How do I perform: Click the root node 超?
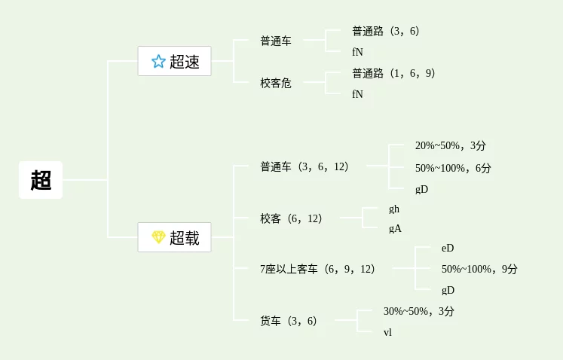coord(41,180)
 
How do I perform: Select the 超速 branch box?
coord(174,61)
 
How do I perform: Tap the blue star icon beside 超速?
coord(158,62)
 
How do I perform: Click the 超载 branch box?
coord(174,237)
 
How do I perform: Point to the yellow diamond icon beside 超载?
coord(158,237)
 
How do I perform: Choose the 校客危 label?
coord(276,83)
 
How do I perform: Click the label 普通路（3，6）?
coord(385,31)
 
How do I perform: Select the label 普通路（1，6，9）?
coord(393,73)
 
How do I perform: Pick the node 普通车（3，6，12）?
coord(304,166)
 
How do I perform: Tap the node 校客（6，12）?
coord(291,218)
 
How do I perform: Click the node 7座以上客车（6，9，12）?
coord(317,269)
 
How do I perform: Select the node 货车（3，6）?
coord(289,321)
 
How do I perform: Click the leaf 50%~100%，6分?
coord(453,168)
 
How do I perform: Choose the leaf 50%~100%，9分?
coord(479,269)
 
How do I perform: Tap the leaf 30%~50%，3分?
coord(419,311)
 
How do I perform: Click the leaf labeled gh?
coord(394,209)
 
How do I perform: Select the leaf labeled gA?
coord(395,228)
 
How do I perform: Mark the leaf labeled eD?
coord(448,248)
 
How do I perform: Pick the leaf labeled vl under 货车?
coord(387,331)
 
